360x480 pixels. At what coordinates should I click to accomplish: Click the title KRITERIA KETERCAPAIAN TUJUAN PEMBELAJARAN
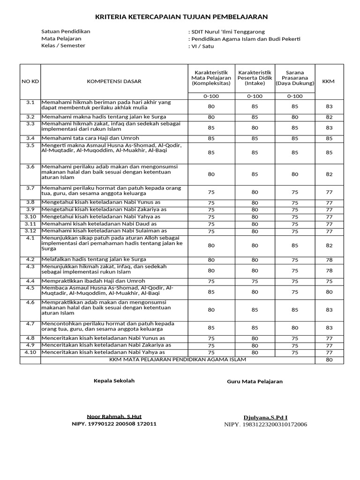coord(181,17)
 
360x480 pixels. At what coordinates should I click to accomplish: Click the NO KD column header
coord(30,82)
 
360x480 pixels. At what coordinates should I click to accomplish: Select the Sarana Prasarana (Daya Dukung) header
coord(295,78)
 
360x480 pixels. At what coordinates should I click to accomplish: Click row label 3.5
coord(30,145)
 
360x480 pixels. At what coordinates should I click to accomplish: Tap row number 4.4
coord(30,281)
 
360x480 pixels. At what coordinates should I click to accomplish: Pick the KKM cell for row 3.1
coord(329,106)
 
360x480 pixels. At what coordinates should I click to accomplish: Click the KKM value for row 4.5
coord(329,292)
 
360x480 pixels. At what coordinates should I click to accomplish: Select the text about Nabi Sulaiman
coord(104,231)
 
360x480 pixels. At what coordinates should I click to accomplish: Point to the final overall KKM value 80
coord(329,360)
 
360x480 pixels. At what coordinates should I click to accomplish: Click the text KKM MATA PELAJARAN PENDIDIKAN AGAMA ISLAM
coord(177,360)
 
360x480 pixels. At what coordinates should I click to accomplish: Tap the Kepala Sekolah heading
coord(114,381)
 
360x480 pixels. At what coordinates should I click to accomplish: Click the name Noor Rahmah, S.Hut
coord(114,416)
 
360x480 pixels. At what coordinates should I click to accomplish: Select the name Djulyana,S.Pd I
coord(265,417)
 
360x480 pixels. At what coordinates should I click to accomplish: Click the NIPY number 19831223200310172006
coord(265,425)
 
